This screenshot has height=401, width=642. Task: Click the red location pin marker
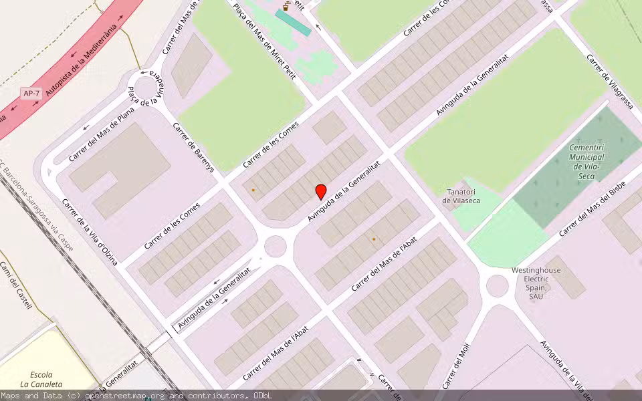[x=321, y=192]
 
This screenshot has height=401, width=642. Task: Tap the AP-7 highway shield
[x=31, y=94]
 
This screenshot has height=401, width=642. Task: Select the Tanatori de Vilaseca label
[x=462, y=196]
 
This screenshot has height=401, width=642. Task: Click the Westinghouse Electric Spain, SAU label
[x=536, y=283]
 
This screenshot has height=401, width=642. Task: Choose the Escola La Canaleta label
[x=41, y=379]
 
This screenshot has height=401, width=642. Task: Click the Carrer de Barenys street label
[x=193, y=148]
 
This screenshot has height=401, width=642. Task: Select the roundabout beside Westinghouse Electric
[x=497, y=285]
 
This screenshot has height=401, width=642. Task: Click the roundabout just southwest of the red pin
[x=276, y=246]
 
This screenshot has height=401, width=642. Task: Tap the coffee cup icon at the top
[x=286, y=6]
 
